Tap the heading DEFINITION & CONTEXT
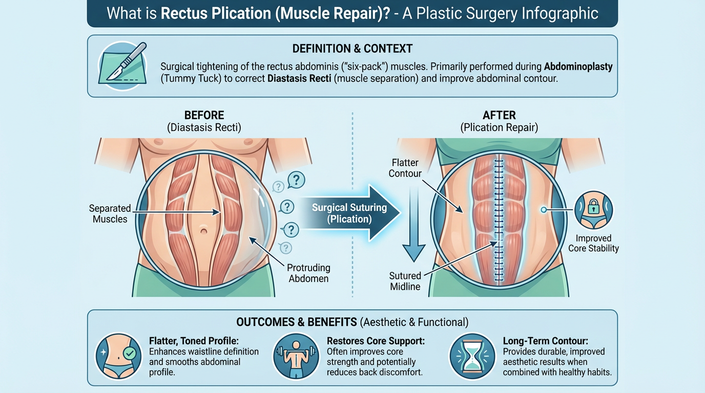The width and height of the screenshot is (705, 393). click(x=352, y=49)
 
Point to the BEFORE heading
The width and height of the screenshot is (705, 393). click(x=204, y=115)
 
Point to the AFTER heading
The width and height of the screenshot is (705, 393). click(x=500, y=115)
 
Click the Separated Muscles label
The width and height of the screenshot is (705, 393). click(x=110, y=214)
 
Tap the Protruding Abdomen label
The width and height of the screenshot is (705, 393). click(x=308, y=273)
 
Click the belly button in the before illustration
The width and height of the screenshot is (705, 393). click(x=204, y=230)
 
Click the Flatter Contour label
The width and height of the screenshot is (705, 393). click(x=405, y=168)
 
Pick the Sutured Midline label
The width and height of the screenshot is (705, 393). click(x=405, y=281)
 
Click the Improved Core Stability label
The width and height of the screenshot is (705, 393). click(x=593, y=243)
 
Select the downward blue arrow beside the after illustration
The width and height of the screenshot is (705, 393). click(x=413, y=225)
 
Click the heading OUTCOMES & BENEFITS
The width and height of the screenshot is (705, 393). click(x=297, y=322)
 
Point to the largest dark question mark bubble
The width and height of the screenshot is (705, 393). click(x=296, y=180)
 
